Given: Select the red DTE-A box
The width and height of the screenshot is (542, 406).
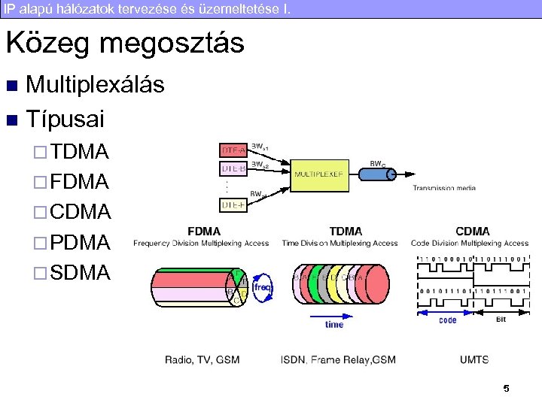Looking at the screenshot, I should [x=232, y=150].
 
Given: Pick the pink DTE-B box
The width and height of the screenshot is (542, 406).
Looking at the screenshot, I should [x=232, y=168].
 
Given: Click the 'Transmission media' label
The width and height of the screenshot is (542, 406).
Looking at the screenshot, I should [x=444, y=188].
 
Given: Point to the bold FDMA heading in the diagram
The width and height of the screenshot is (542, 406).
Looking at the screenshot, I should [x=203, y=232].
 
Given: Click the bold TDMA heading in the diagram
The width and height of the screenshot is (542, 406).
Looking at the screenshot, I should [x=346, y=232].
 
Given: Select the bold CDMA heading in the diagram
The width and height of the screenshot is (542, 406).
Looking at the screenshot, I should [x=472, y=232].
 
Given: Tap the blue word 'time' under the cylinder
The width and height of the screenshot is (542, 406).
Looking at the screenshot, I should [x=334, y=325].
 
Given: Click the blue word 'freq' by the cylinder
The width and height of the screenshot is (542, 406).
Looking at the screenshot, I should [x=262, y=286].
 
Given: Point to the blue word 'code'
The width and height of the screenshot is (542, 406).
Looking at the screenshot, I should [x=448, y=320].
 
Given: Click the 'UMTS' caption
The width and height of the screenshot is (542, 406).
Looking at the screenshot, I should [x=474, y=360].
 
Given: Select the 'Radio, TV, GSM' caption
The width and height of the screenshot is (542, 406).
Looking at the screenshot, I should [x=202, y=360].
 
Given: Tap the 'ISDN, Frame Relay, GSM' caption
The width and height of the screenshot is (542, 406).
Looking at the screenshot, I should [x=337, y=360].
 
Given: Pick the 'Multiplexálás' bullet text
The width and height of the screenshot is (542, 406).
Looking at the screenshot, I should [x=95, y=85].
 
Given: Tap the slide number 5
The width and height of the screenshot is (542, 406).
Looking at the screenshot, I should [x=506, y=389].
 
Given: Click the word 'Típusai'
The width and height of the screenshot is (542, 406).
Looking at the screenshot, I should [x=65, y=119].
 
